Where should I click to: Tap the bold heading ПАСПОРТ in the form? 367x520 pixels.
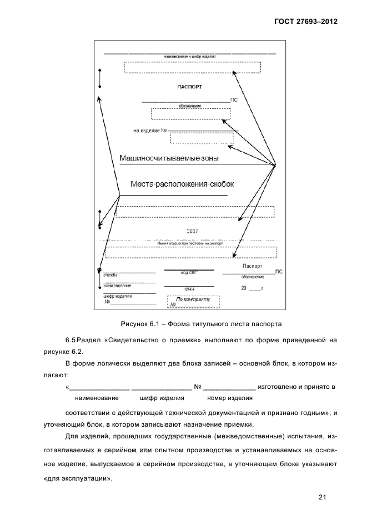189,87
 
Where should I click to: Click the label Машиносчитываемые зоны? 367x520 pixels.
169,158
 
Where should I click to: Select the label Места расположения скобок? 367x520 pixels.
175,183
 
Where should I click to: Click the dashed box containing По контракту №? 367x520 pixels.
194,302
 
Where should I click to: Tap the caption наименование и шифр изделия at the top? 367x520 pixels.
189,57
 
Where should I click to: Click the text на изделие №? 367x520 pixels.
150,131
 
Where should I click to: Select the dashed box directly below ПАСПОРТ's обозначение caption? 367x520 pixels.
190,113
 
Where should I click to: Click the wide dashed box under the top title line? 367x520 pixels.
192,67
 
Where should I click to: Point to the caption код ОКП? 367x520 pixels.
189,273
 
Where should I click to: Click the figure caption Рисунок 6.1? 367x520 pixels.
201,323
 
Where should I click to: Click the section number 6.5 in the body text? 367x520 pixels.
72,339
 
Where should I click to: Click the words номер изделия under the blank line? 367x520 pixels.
230,398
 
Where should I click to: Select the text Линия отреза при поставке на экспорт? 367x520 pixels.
189,244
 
